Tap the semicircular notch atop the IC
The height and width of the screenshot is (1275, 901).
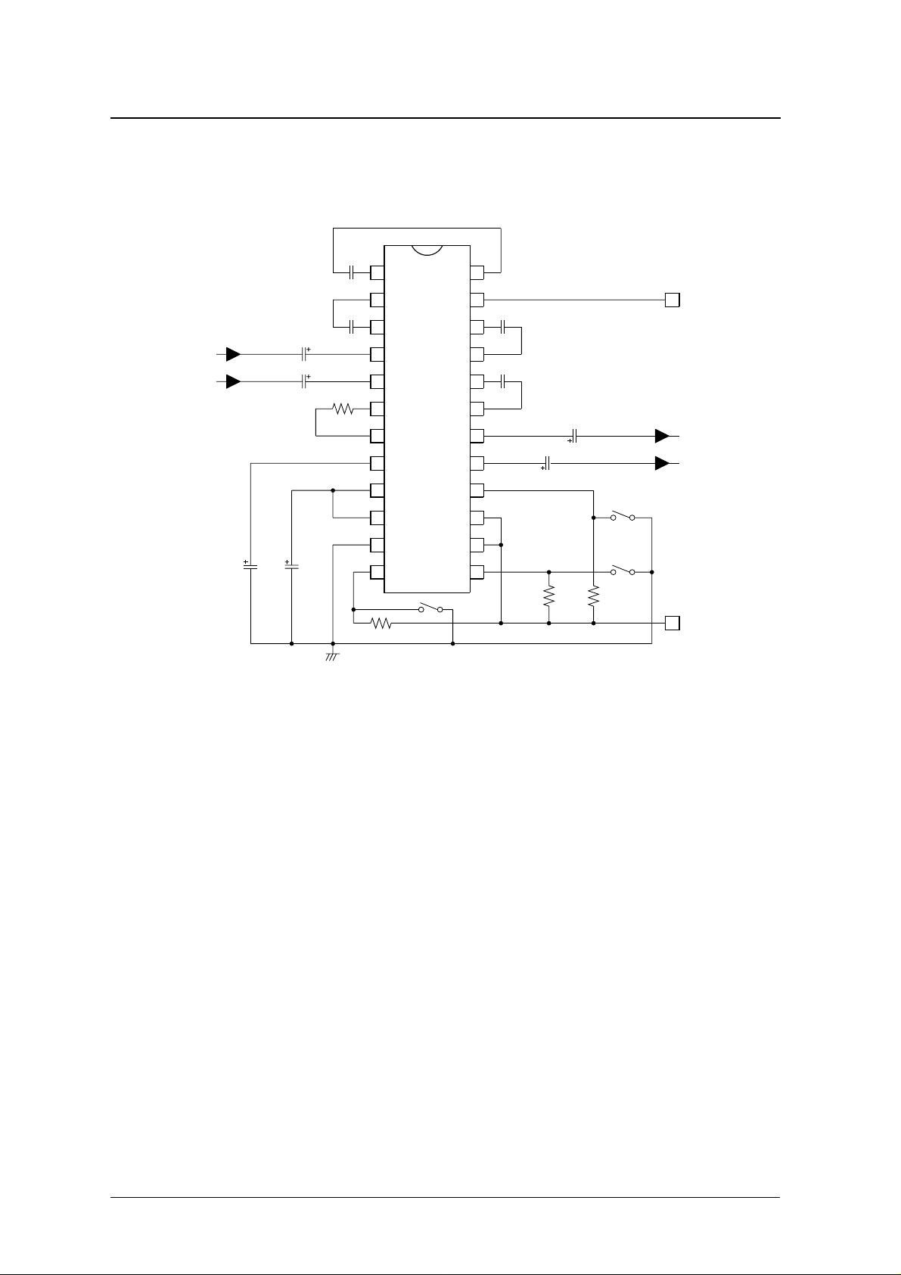(427, 251)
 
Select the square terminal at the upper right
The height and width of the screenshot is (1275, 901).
(672, 300)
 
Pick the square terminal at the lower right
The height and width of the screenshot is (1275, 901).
(672, 624)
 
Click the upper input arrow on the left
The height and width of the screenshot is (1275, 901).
(233, 354)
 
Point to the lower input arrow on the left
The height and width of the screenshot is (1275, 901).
(233, 381)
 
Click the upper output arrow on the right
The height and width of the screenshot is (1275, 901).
(662, 436)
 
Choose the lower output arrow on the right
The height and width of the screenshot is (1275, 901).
(662, 463)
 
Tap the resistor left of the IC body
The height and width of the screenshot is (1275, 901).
(343, 409)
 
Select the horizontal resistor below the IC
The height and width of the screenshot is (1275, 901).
(381, 624)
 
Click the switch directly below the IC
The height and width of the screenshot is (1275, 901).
(430, 608)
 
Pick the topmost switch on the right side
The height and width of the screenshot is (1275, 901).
(622, 518)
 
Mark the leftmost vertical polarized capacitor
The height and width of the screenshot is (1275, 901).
(250, 565)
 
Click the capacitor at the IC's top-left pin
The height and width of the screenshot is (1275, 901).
(352, 272)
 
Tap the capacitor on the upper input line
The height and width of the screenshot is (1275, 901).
(304, 354)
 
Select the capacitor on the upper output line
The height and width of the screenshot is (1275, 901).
(574, 436)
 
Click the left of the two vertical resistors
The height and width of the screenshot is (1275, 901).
(548, 596)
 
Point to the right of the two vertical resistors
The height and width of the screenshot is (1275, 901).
(594, 596)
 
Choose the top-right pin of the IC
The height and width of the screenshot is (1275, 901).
(477, 272)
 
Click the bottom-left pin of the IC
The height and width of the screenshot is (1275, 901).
(377, 572)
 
